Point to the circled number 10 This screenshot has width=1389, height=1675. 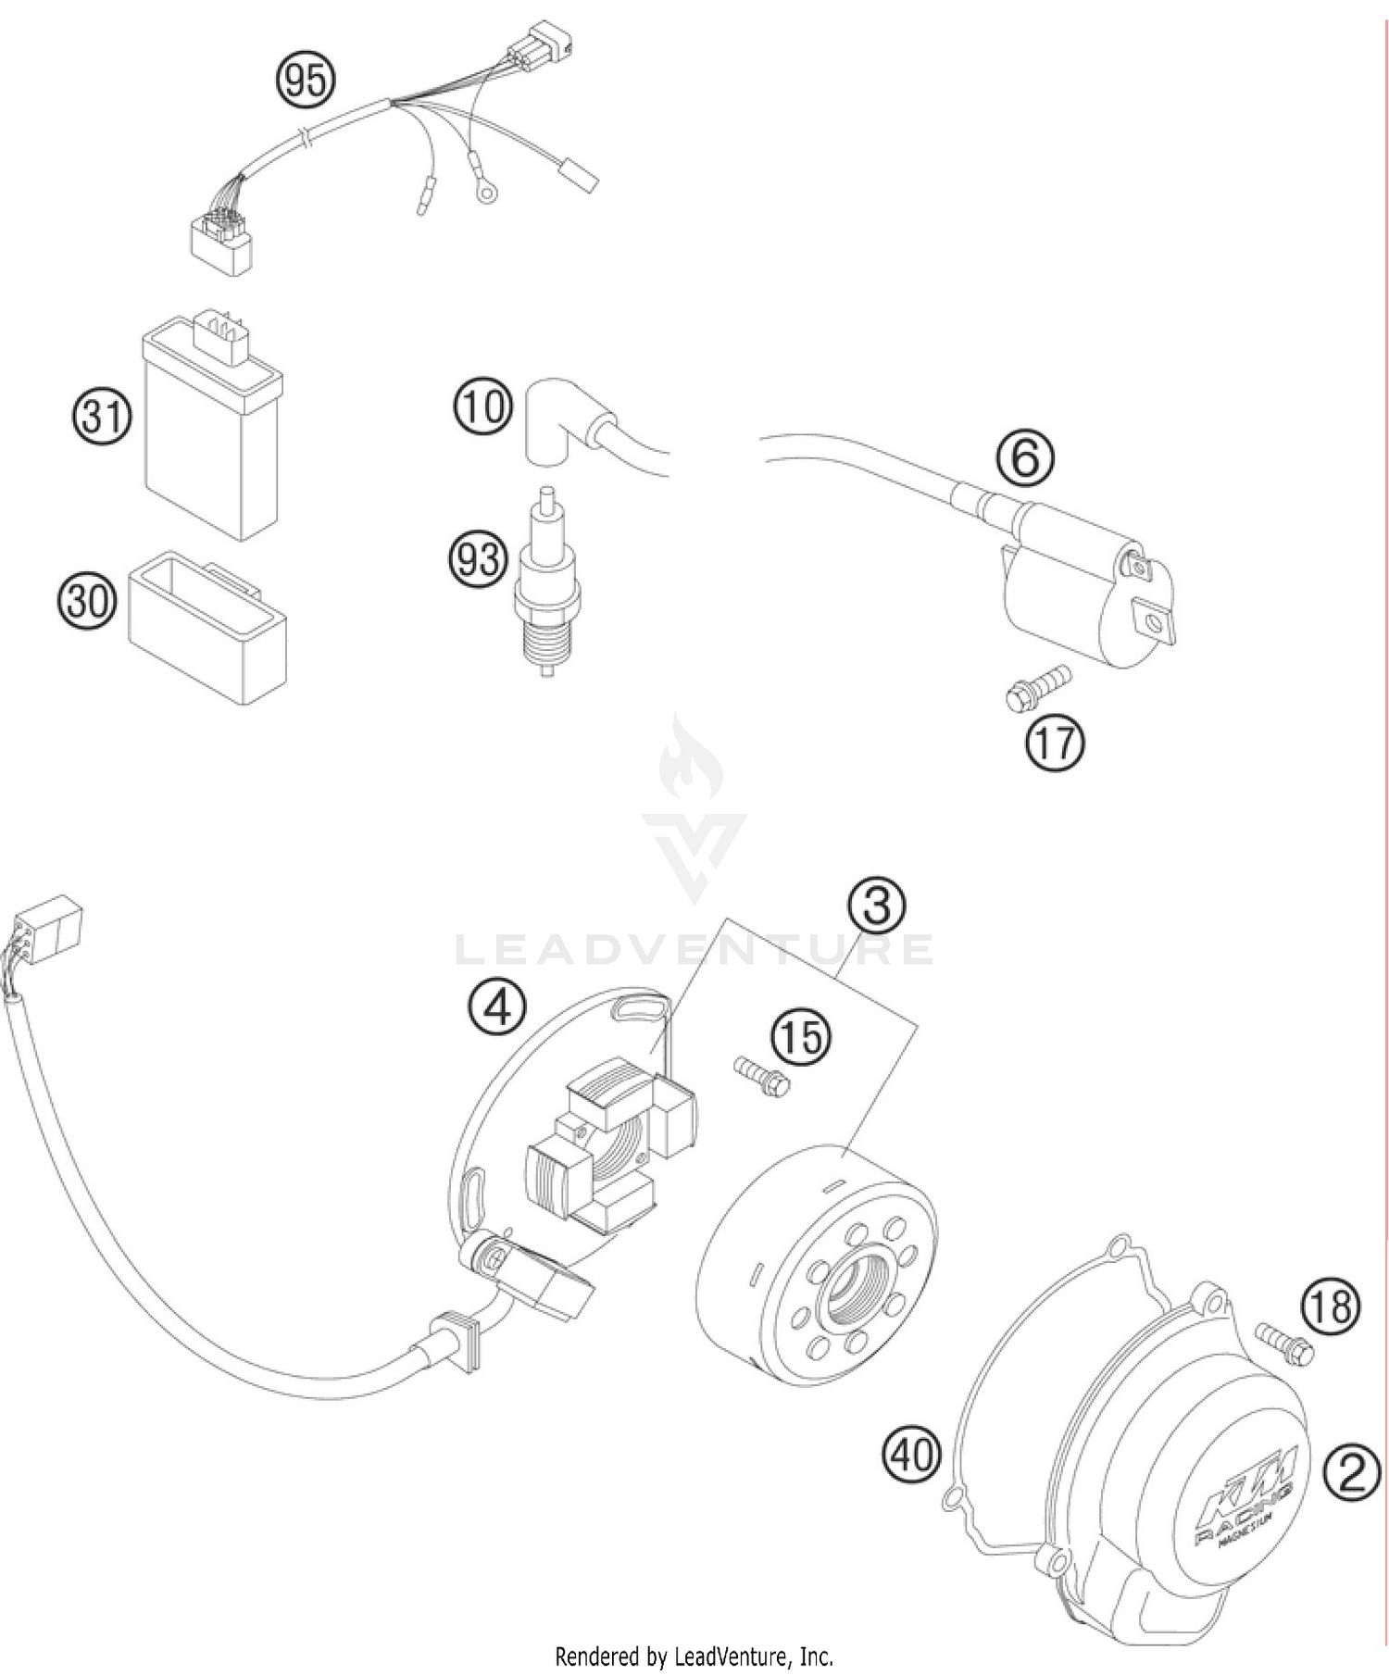click(x=482, y=406)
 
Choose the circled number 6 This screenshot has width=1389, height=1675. click(x=1025, y=457)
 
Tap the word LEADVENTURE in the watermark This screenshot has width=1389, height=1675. click(x=694, y=949)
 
